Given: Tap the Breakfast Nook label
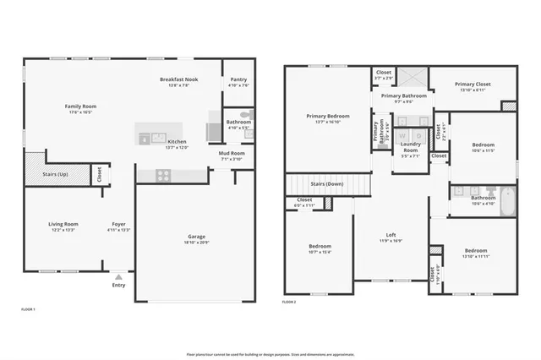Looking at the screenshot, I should coord(178,79).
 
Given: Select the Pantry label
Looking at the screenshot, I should coord(238,79).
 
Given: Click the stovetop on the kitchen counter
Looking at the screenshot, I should coord(162,176).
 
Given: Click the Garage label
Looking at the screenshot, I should coord(196,237).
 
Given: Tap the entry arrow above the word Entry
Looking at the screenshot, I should coord(118,275).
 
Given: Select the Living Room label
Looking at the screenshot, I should coord(63,224).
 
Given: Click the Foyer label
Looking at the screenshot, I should coord(118,224).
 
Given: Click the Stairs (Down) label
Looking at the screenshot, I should coord(327,183).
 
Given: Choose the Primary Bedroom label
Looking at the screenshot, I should coord(327,116).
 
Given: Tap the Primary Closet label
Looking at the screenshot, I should coord(473,85).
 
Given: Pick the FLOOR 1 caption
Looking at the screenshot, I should coord(28,310).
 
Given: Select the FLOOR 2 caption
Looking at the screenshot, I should coord(289,302).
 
